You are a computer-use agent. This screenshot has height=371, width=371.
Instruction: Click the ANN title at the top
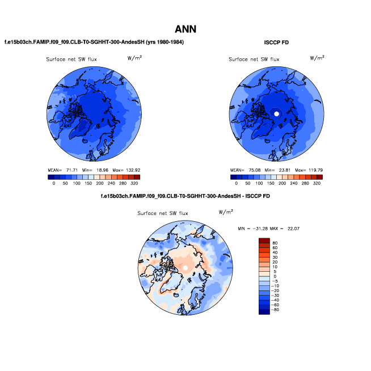185,29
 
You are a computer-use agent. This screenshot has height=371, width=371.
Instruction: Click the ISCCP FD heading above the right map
277,43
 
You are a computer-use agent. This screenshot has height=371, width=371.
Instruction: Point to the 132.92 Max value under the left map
130,170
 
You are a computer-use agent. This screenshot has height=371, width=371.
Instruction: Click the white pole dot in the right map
277,114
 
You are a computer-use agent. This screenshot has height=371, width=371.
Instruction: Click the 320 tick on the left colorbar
134,184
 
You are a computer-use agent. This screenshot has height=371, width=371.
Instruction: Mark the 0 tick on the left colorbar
53,184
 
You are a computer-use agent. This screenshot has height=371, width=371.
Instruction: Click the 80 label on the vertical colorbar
275,242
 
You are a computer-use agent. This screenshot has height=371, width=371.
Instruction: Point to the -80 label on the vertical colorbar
276,310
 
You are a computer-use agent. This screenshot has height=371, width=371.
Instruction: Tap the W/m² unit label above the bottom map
225,212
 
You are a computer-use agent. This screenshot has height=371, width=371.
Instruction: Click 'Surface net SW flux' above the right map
254,60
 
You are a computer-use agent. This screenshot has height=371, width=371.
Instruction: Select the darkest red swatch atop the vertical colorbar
264,241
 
